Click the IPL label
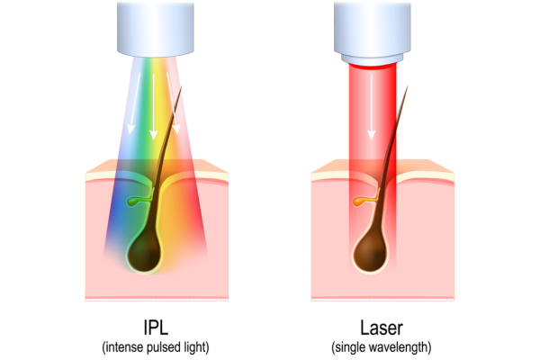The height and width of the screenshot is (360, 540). click(156, 328)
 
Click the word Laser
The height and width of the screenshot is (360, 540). click(382, 328)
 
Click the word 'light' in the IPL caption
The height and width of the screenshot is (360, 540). click(194, 347)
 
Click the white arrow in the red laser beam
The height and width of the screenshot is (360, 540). click(371, 107)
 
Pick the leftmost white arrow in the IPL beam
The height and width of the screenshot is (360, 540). click(135, 103)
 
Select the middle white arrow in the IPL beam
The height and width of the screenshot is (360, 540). click(153, 106)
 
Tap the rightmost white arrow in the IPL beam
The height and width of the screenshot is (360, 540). click(172, 103)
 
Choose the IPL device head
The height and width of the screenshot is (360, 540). click(156, 30)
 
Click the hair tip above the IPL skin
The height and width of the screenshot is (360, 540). click(181, 86)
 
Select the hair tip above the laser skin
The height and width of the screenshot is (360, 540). click(408, 86)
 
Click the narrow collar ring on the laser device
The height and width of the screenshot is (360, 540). click(373, 58)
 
